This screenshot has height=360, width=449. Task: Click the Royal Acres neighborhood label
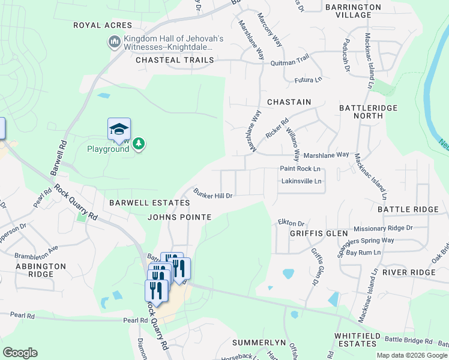pos(102,25)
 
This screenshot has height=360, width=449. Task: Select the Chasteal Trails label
pos(175,60)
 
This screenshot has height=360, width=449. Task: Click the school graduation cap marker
pos(119,128)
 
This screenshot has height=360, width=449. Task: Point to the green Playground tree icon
pos(139,143)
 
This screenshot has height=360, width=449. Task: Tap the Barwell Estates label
pos(142,203)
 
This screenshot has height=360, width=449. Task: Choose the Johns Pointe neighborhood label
pos(179,217)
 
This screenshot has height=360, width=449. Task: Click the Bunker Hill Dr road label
pos(212,193)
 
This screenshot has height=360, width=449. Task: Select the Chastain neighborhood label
pos(289,102)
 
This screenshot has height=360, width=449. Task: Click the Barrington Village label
pos(353,11)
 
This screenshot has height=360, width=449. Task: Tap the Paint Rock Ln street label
pos(300,169)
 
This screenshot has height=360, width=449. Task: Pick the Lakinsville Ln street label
pos(301,181)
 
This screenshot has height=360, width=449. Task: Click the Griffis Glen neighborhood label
pos(319,233)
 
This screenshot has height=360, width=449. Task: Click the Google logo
pos(20,353)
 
